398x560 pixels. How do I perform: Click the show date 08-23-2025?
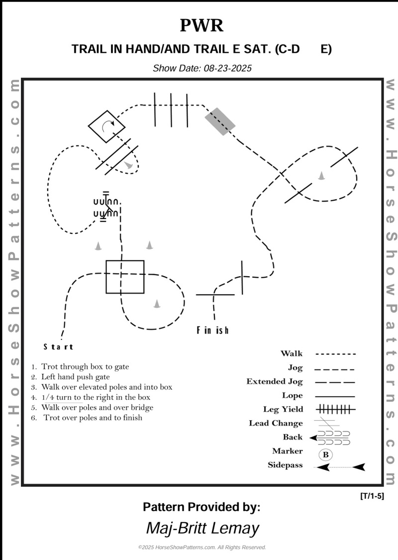coord(202,68)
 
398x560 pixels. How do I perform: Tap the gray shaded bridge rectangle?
coord(220,121)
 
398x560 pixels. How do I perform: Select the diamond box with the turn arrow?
coord(106,126)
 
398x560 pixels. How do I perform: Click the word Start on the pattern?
coord(58,347)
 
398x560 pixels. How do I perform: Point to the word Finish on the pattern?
coord(212,330)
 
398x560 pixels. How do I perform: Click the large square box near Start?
coord(125,277)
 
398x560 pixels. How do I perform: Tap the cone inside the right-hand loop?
coord(321,175)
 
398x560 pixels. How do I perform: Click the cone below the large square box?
coord(157,303)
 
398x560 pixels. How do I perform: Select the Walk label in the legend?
coord(292,354)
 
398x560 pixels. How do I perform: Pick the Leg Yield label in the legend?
coord(283,409)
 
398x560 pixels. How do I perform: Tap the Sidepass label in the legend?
coord(285,465)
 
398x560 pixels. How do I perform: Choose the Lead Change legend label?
coord(276,423)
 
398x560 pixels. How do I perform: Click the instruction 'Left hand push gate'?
coord(75,377)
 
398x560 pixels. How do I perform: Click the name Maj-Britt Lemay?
coord(202,528)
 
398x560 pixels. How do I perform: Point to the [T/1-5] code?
coord(371,496)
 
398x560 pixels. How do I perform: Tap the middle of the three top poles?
coord(171,111)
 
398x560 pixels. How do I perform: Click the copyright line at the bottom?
coord(202,547)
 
